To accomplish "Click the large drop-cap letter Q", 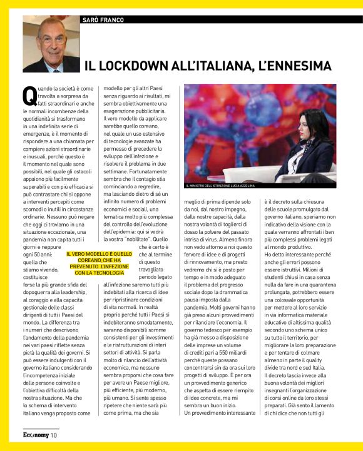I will pos(29,95).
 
